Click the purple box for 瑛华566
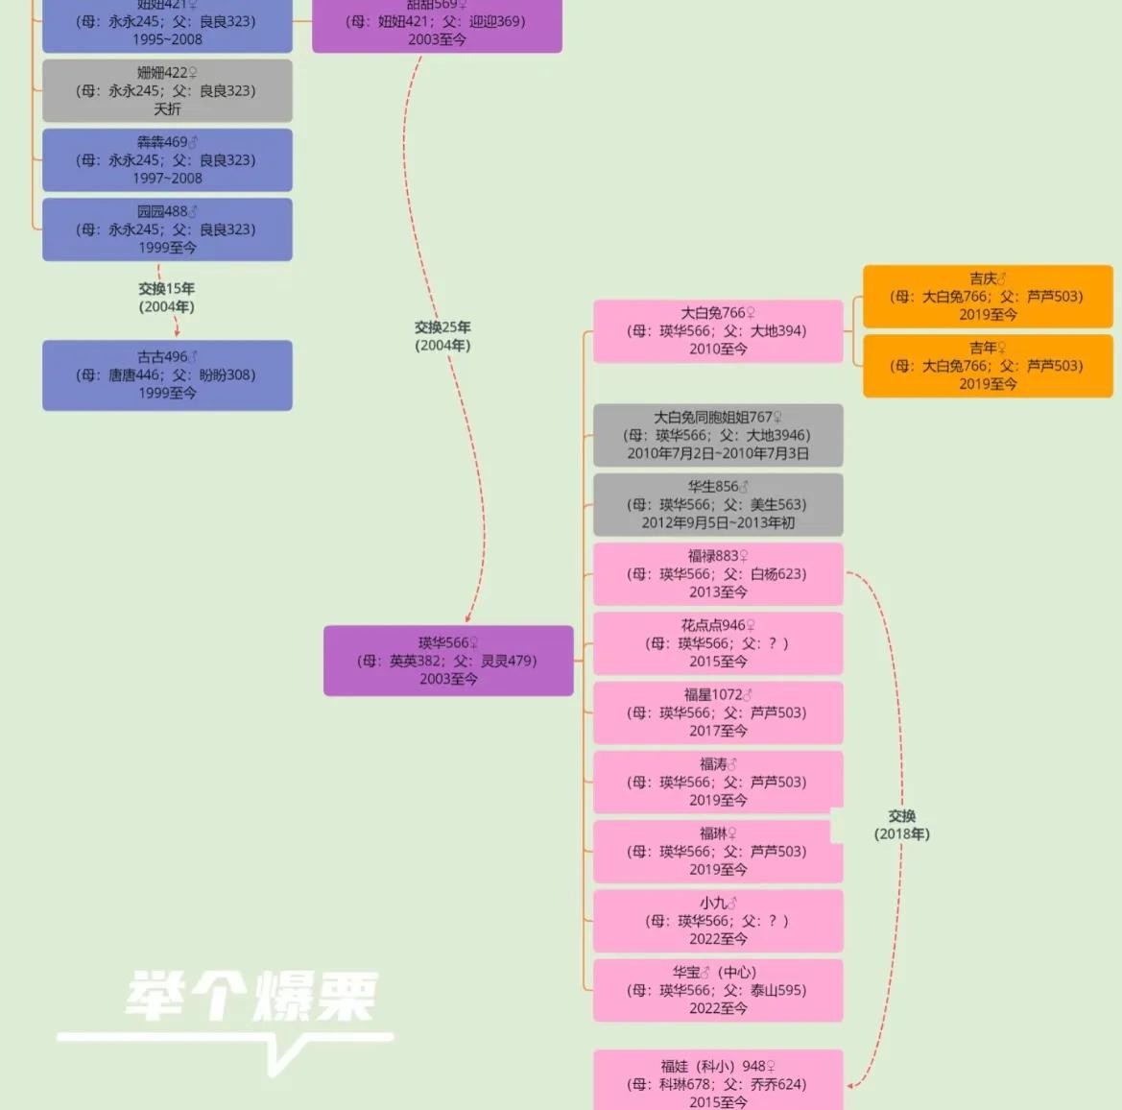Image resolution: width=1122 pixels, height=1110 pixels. [x=448, y=661]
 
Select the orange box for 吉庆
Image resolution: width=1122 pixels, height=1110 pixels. [x=988, y=297]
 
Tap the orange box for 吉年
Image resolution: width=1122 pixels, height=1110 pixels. [x=988, y=366]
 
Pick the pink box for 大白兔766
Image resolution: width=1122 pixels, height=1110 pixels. [x=718, y=331]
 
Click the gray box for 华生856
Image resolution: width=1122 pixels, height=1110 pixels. [x=718, y=505]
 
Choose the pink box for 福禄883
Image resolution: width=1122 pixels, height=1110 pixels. [x=718, y=574]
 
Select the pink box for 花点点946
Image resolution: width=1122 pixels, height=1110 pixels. [x=718, y=643]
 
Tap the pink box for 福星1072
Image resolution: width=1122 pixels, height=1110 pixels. [x=718, y=712]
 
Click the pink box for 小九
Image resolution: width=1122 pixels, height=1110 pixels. [x=718, y=921]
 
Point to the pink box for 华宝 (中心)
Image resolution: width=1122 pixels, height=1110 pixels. [x=718, y=990]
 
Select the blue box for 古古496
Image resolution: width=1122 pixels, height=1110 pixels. [x=167, y=375]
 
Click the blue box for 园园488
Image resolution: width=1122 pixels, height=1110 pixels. [x=167, y=229]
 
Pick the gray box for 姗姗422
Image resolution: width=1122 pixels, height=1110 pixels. [x=167, y=91]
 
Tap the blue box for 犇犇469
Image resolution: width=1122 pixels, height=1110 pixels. [x=167, y=160]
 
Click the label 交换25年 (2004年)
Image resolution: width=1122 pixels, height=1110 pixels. [x=442, y=336]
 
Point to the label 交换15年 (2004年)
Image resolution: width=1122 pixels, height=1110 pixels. [x=166, y=298]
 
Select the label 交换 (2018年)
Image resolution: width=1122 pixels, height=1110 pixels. [x=901, y=825]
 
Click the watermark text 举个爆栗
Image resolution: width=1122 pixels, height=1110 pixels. [x=251, y=996]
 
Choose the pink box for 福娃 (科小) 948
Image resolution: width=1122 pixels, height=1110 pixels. [x=718, y=1083]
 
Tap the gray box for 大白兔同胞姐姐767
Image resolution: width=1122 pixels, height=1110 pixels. [x=718, y=435]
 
